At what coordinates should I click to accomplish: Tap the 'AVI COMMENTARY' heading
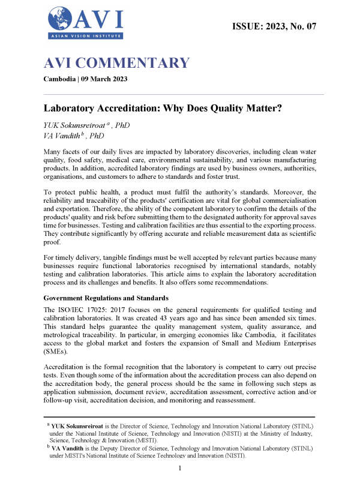[117, 63]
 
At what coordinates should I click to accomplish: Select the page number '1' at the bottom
[180, 467]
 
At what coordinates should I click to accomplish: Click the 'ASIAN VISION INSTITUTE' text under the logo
[85, 36]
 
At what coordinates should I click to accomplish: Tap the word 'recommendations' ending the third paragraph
[278, 282]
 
